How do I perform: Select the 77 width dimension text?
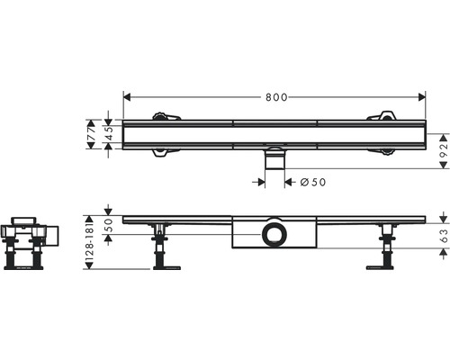92,135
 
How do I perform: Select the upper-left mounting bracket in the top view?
164,115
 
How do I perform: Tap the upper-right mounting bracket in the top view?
382,115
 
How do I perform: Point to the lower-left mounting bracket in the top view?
164,153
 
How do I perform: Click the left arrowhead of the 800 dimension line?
126,94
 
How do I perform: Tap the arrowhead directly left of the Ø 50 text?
289,182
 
